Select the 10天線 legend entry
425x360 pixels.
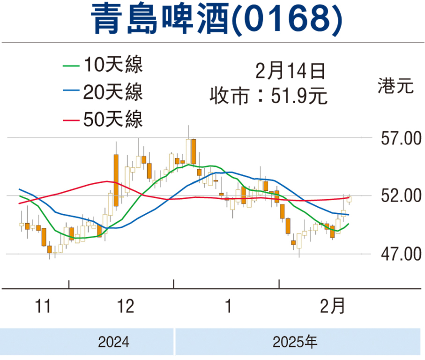112,65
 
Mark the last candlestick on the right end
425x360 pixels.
349,199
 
